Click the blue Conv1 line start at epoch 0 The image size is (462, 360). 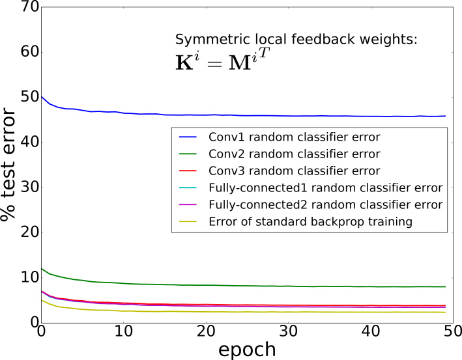pos(41,96)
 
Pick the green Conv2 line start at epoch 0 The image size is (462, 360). pos(41,268)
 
